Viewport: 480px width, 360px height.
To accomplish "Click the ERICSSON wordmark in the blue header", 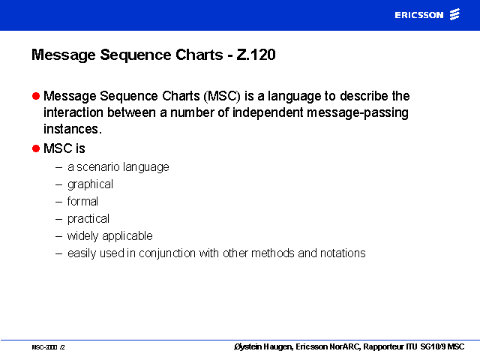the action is (418, 15).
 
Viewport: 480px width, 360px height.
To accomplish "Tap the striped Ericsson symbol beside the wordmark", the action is (454, 14).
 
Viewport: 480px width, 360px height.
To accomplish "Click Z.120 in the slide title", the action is (256, 55).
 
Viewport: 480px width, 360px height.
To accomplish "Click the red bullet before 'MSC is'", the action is (36, 148).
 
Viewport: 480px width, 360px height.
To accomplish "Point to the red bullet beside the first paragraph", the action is (36, 96).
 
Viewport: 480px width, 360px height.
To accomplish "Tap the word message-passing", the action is (358, 113).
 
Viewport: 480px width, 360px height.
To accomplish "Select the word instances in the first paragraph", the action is (71, 129).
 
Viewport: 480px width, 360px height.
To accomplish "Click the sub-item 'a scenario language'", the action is (118, 167).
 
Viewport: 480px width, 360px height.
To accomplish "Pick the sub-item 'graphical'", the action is (90, 184).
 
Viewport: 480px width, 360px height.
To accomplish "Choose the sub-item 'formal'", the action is (82, 202).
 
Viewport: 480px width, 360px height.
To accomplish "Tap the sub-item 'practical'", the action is (88, 219).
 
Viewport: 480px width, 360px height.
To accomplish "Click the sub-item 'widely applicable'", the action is (110, 236).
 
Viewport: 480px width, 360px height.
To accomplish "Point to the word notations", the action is (343, 253).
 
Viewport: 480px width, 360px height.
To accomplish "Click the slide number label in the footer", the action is (48, 347).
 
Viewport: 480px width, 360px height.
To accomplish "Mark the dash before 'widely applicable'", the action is (58, 237).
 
